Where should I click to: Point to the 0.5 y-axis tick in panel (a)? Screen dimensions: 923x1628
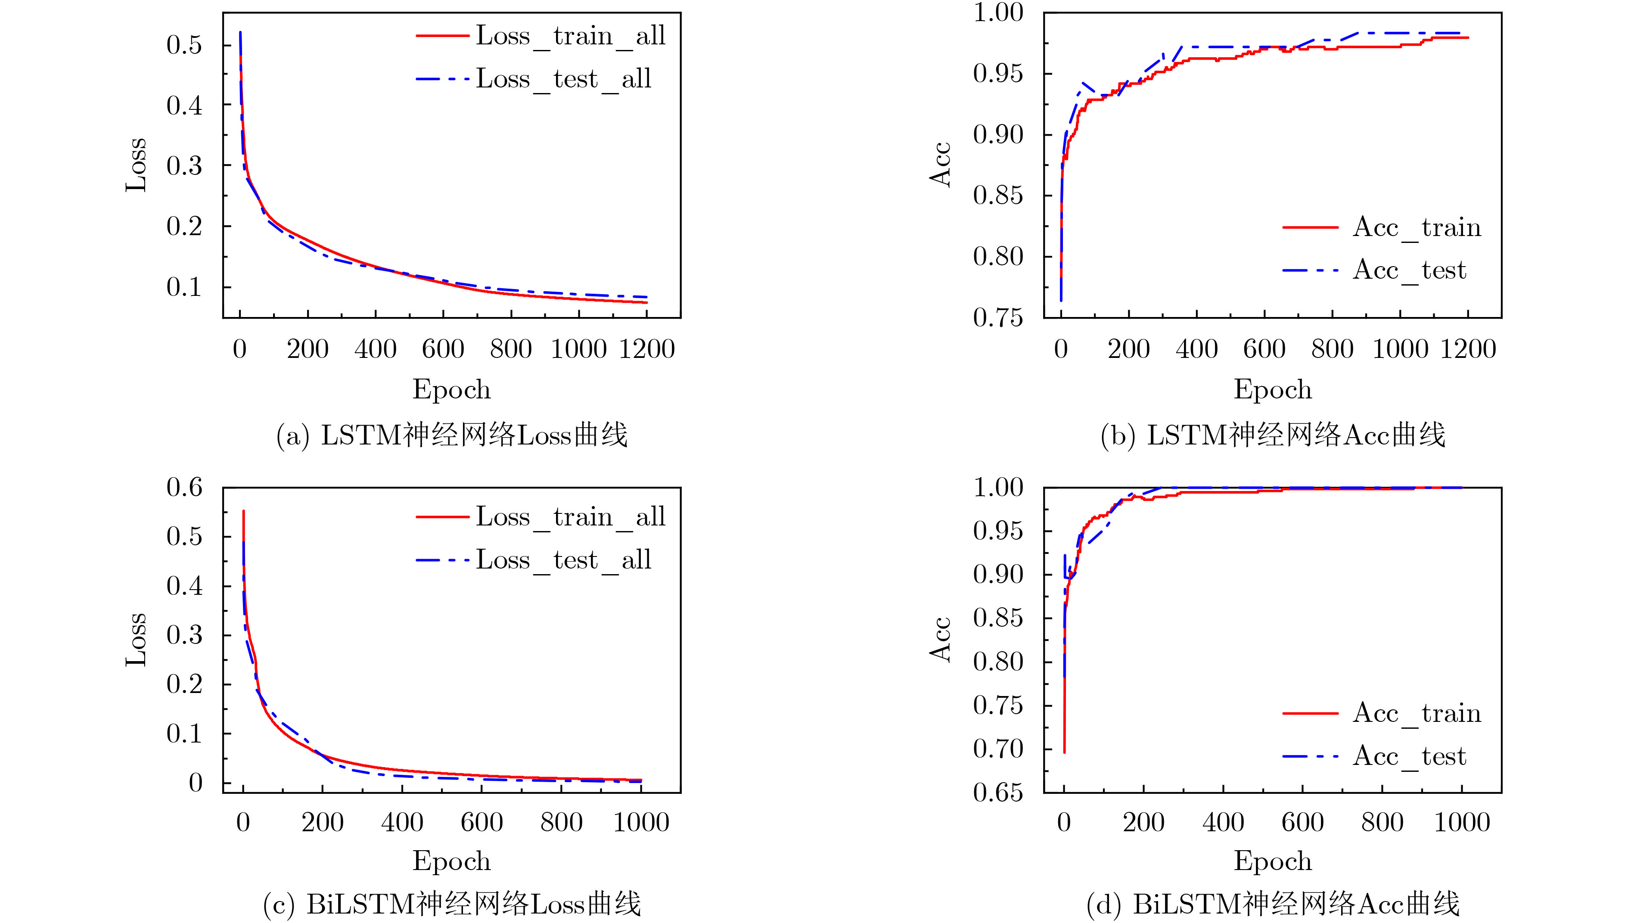click(184, 45)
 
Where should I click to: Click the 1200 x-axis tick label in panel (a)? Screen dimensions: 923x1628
click(646, 349)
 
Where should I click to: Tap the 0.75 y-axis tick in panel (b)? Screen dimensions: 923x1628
click(998, 317)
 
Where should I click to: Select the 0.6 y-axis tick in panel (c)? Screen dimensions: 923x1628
click(184, 488)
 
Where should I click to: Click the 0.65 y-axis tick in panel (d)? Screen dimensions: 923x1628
click(998, 792)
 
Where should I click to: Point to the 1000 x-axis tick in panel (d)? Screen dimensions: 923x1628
click(1462, 823)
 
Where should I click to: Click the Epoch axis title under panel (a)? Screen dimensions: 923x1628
click(452, 389)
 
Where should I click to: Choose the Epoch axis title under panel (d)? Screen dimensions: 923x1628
click(1273, 861)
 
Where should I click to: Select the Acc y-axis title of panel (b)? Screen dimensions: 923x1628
click(941, 165)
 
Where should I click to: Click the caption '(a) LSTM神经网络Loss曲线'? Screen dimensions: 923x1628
click(452, 435)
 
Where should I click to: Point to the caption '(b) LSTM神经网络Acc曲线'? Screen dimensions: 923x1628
click(1273, 435)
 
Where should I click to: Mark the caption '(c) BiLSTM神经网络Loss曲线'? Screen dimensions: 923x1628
click(452, 904)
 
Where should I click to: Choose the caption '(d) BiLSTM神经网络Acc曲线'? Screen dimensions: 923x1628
click(1273, 904)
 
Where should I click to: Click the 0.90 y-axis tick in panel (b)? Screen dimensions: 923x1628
click(998, 134)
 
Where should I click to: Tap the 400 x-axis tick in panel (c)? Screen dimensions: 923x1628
click(402, 823)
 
